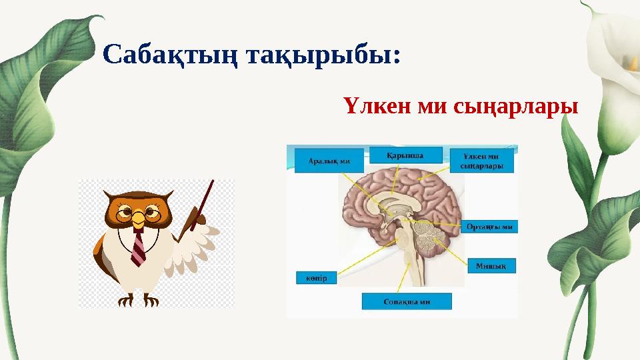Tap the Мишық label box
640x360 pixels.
491,265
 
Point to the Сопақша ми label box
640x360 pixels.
407,301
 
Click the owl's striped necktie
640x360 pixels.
138,248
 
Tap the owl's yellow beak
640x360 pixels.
138,219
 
